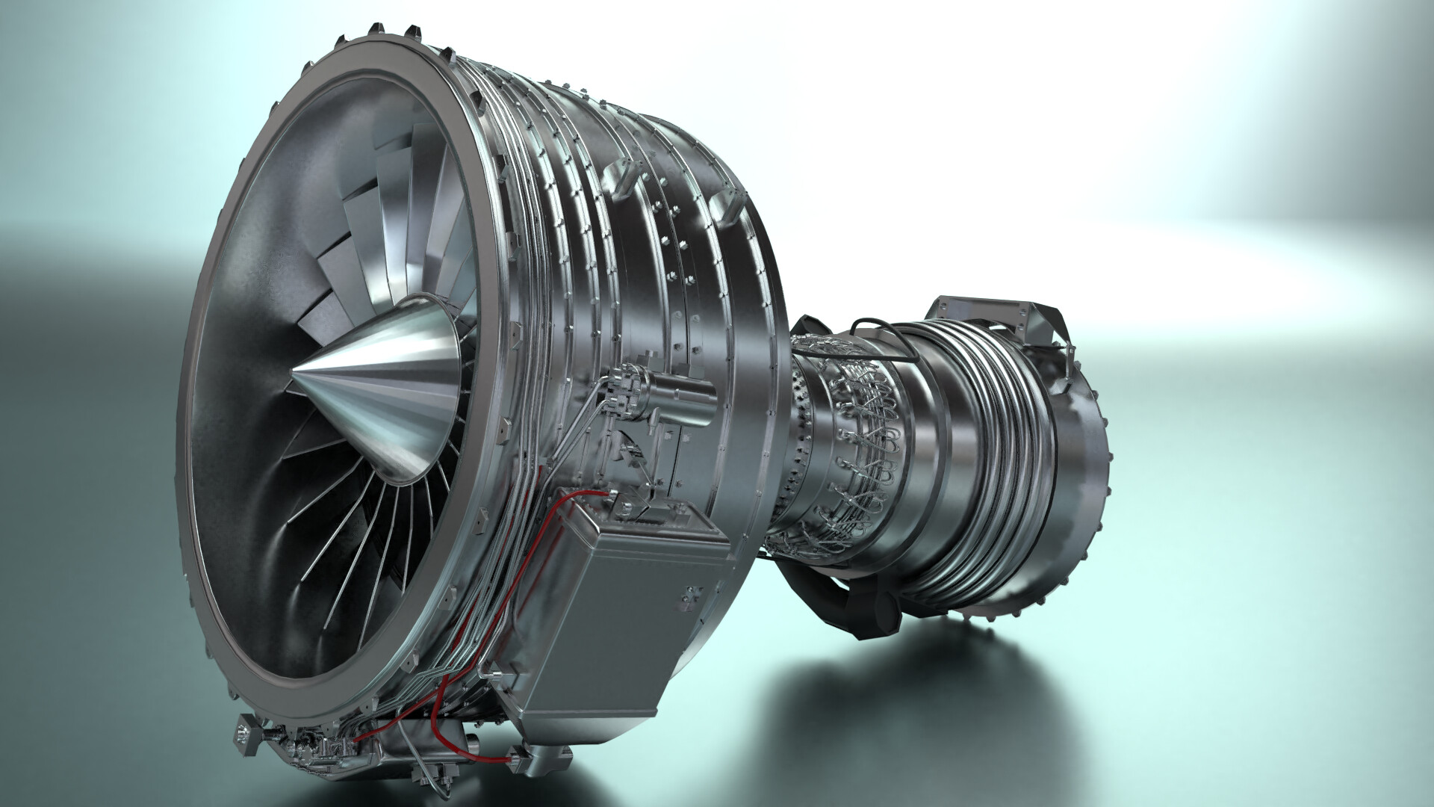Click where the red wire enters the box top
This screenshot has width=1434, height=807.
pyautogui.click(x=603, y=494)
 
